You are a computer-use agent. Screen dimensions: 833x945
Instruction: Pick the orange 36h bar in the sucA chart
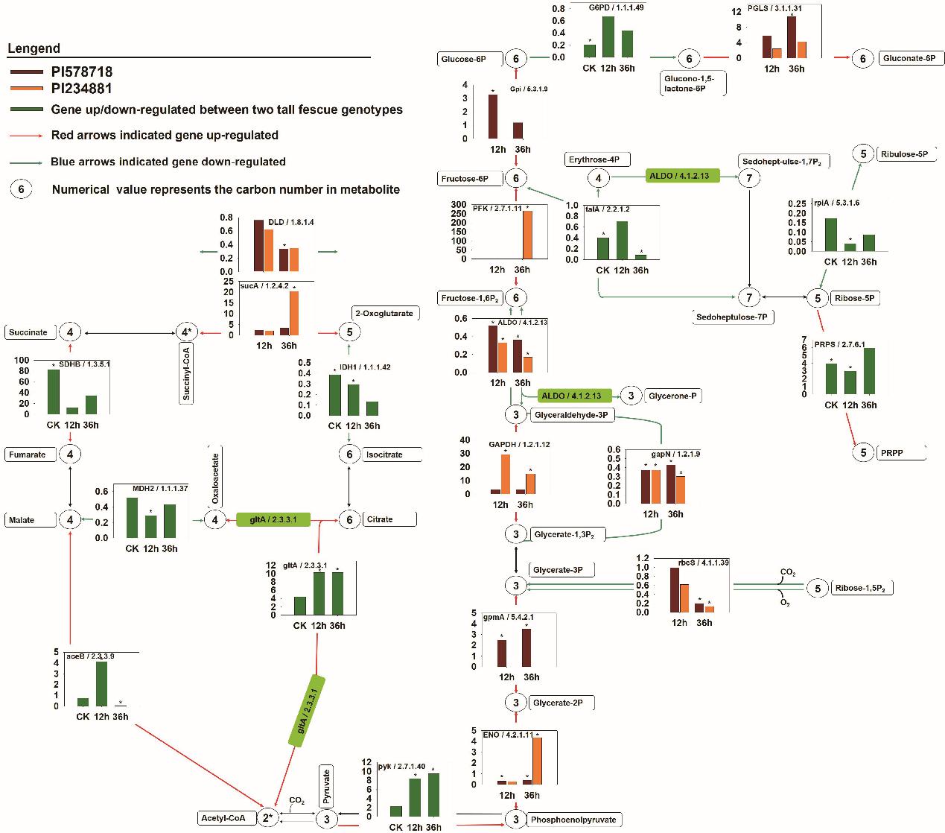293,314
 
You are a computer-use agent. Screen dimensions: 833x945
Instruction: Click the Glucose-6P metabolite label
463,59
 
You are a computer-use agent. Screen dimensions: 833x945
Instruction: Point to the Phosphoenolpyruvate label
573,820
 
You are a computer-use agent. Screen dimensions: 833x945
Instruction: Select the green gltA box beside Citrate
273,519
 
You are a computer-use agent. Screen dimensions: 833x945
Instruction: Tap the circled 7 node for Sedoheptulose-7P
749,298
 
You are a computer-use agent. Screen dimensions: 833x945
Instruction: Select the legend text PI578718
82,73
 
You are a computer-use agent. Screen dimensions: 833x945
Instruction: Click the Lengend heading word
34,49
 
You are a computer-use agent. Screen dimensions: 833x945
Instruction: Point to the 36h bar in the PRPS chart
869,371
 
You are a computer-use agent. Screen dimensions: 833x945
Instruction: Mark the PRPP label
891,452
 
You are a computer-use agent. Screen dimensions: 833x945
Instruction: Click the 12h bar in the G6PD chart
608,37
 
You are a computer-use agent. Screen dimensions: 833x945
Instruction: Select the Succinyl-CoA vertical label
187,373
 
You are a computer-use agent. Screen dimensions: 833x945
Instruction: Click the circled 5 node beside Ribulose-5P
863,153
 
